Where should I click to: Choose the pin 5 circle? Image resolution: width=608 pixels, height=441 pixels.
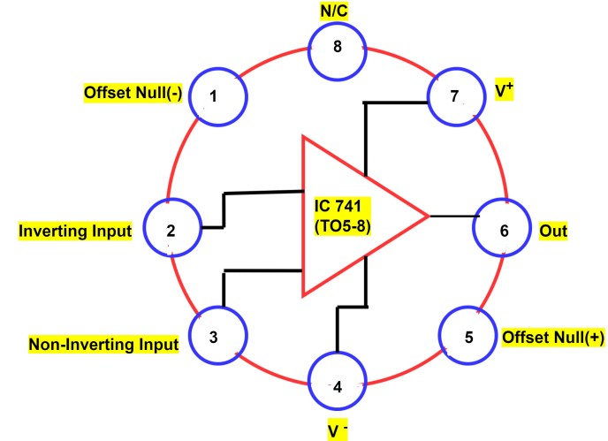[467, 337]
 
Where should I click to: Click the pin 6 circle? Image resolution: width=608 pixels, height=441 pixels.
[504, 231]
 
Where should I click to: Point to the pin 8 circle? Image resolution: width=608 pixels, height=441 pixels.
[336, 48]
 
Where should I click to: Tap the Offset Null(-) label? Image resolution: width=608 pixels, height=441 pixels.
[132, 93]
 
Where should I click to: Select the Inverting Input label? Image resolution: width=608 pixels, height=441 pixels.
[75, 232]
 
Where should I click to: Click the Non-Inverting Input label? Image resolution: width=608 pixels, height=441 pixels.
[103, 343]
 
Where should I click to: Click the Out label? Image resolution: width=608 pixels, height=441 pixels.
[553, 232]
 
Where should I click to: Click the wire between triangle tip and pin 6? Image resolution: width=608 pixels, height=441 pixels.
[452, 215]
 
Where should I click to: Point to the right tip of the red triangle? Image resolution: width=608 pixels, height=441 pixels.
[427, 215]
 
